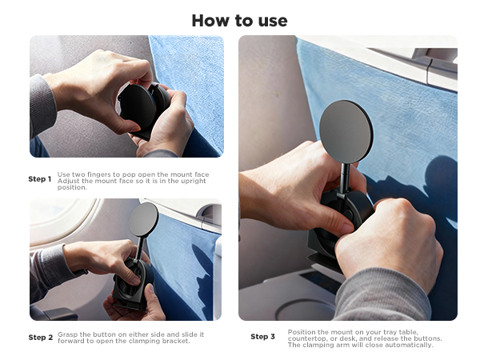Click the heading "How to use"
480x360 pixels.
tap(239, 21)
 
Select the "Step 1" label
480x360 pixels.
tap(40, 179)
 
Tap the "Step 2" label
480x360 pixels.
tap(41, 338)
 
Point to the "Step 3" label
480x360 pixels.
tap(262, 337)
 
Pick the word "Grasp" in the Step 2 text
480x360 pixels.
tap(67, 334)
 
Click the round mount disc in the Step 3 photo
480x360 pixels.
tap(346, 132)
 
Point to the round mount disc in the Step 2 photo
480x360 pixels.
tap(143, 219)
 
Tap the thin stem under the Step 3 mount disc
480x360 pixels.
tap(344, 178)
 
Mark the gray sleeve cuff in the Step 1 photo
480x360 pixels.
tap(42, 104)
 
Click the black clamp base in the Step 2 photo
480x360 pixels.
tap(132, 283)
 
